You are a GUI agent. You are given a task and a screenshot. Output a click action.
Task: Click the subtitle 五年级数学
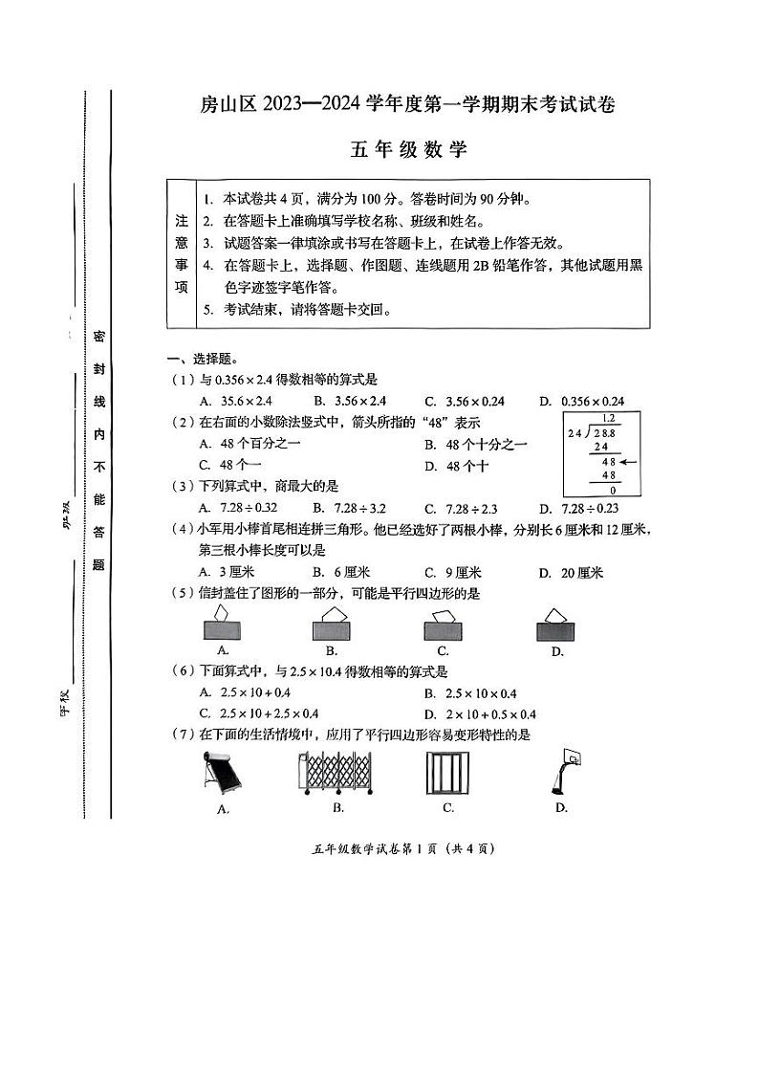coord(407,149)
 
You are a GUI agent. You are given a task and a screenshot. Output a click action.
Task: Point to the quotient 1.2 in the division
coord(608,418)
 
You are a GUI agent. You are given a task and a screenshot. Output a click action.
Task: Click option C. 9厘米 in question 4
coord(453,573)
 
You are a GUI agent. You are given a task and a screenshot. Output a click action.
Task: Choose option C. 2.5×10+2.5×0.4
coord(259,713)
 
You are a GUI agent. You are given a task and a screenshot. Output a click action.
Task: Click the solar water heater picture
coord(223,773)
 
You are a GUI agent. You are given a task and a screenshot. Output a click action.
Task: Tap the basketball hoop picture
coord(563,772)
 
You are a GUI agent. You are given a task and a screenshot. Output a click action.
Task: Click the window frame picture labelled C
coord(447,772)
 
